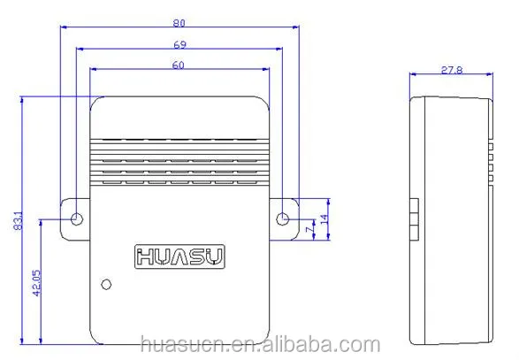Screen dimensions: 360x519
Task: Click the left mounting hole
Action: [x=77, y=218]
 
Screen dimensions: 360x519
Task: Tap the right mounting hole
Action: [x=282, y=218]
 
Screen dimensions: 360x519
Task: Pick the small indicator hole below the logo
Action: [x=107, y=284]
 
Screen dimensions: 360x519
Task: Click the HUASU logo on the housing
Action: [x=179, y=257]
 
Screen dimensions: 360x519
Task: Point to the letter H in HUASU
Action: [x=144, y=257]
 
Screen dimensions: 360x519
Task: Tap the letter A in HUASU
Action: [x=179, y=257]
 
